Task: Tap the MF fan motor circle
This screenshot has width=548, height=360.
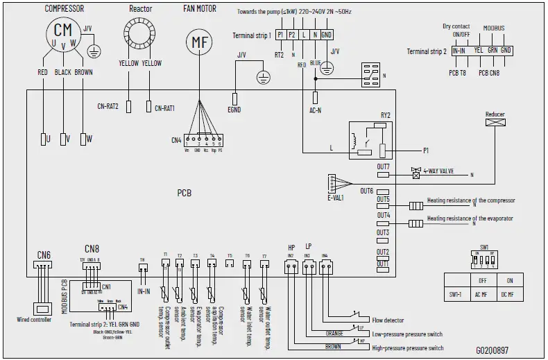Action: click(200, 42)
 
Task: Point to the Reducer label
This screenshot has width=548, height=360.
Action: click(495, 114)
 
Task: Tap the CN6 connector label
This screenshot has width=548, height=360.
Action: click(43, 254)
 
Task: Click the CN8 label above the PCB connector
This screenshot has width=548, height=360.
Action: click(92, 248)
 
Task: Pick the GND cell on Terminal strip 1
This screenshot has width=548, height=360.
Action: click(326, 35)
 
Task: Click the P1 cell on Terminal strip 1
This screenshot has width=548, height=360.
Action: click(280, 35)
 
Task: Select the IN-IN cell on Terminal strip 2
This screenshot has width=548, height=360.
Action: click(458, 51)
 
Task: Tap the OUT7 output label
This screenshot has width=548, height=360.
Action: click(384, 166)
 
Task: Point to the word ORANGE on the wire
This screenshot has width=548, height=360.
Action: click(334, 333)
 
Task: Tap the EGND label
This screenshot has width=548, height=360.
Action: click(235, 109)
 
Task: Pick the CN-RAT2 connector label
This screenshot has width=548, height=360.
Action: click(108, 107)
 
